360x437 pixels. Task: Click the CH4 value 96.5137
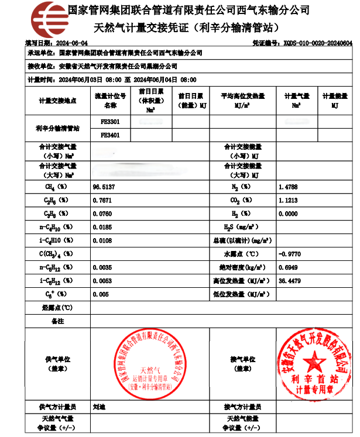point(104,187)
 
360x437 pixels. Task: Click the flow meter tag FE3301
point(110,122)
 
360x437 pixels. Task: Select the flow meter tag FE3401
point(110,135)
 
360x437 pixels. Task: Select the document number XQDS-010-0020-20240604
point(317,43)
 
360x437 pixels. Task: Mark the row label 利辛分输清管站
point(57,128)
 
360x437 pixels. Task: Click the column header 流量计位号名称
point(110,100)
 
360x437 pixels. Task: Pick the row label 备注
point(57,321)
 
